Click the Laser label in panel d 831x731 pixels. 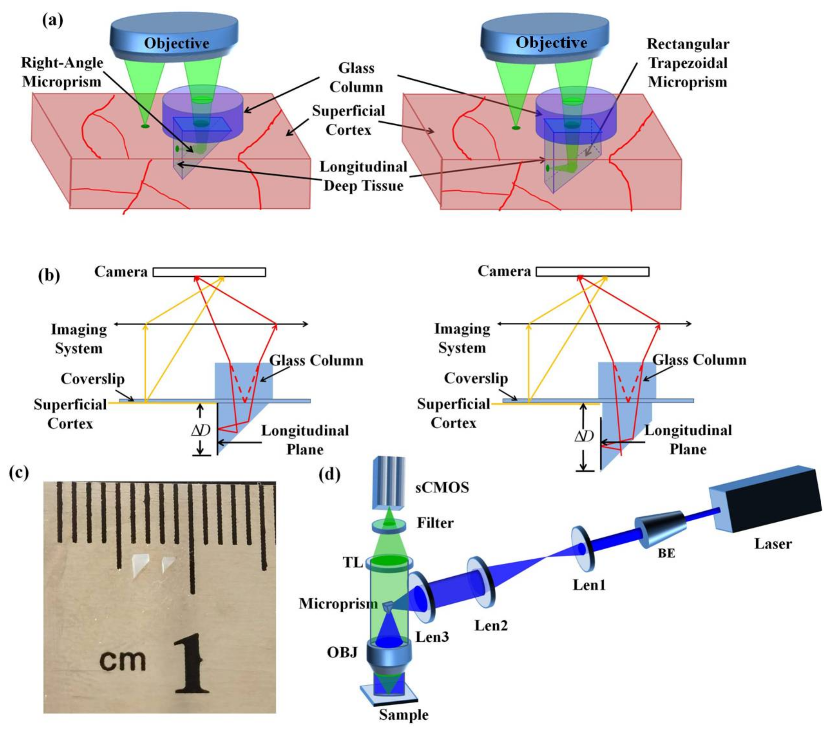point(772,544)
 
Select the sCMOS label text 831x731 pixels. point(442,487)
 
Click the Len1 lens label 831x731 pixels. point(589,585)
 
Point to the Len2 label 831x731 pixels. point(491,625)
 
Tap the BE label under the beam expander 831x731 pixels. point(666,553)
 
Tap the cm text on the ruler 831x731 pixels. point(122,661)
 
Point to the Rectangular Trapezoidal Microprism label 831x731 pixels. point(688,63)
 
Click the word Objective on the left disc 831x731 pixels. point(176,43)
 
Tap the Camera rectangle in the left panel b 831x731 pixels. point(209,272)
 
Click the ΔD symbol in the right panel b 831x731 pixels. point(584,436)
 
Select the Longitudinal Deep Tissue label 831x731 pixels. point(363,176)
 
